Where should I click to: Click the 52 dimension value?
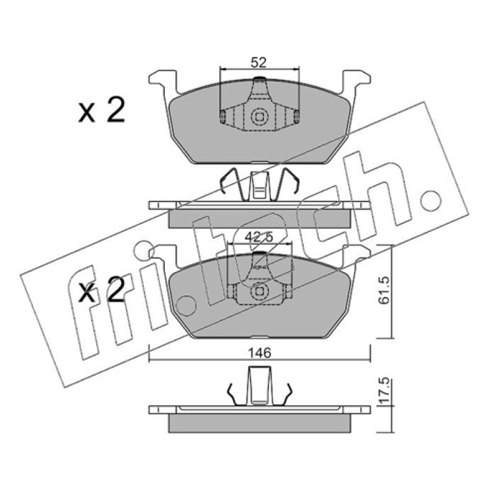click(x=259, y=63)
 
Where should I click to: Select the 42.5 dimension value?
click(x=259, y=237)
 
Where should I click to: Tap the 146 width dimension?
click(x=259, y=352)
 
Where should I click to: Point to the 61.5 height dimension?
click(x=384, y=290)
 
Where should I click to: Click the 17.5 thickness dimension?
click(x=384, y=391)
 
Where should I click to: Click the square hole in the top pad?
click(x=259, y=117)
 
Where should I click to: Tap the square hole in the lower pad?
click(x=259, y=291)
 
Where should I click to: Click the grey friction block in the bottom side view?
click(x=259, y=423)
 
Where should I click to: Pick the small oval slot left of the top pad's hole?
click(x=222, y=116)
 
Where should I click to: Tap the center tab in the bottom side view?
click(x=259, y=385)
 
